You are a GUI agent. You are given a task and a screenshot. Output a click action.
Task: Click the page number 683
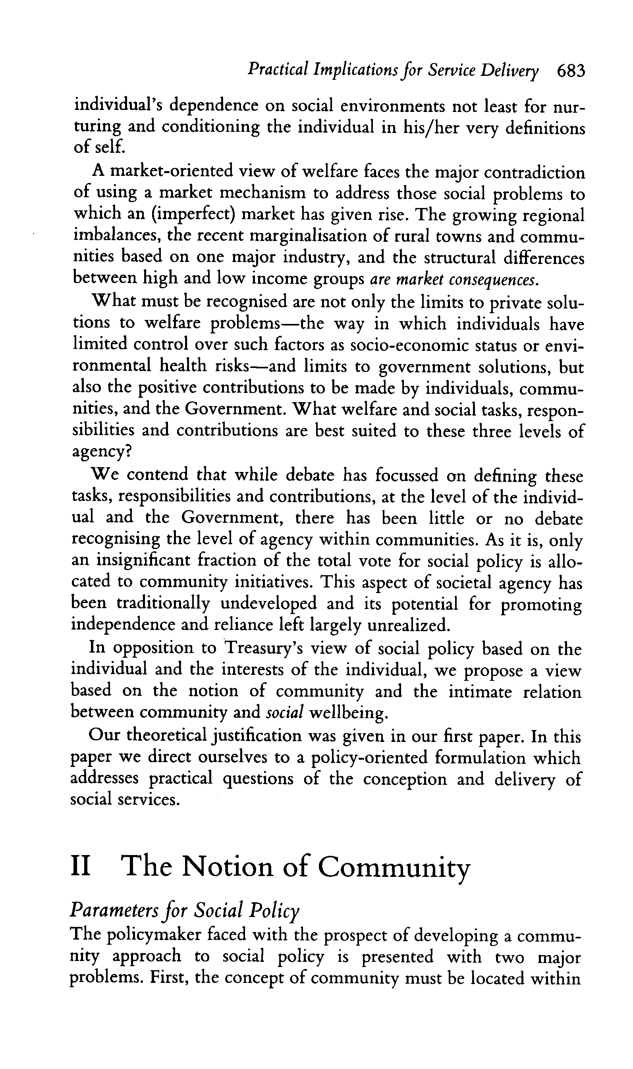571,70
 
